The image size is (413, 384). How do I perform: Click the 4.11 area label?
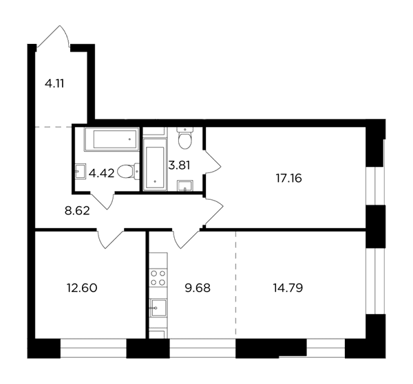click(54, 84)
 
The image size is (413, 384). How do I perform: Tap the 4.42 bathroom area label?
click(101, 173)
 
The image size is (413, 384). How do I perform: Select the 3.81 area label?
click(179, 166)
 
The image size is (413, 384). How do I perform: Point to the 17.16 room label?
click(288, 179)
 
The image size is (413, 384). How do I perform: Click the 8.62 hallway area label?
click(77, 210)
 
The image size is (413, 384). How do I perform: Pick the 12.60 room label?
click(82, 288)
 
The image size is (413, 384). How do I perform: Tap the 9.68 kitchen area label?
click(198, 288)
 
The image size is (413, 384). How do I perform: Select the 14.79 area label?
click(288, 288)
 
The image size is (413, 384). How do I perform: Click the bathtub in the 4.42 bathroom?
click(112, 139)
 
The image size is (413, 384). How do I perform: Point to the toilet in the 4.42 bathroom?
click(128, 172)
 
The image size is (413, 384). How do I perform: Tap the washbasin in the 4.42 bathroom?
click(81, 171)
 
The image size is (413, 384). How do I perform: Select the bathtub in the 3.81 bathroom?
click(155, 164)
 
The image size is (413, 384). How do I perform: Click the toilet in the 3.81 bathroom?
click(185, 138)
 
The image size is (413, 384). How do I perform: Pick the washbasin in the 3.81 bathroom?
click(185, 185)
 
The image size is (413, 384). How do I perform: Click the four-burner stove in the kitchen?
click(158, 278)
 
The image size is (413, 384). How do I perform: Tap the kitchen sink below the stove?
click(158, 308)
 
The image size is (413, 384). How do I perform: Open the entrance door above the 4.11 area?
click(53, 37)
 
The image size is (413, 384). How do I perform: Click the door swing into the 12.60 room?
click(110, 239)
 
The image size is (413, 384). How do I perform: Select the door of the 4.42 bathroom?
click(102, 201)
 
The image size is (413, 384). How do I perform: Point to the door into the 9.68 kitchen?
click(186, 239)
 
